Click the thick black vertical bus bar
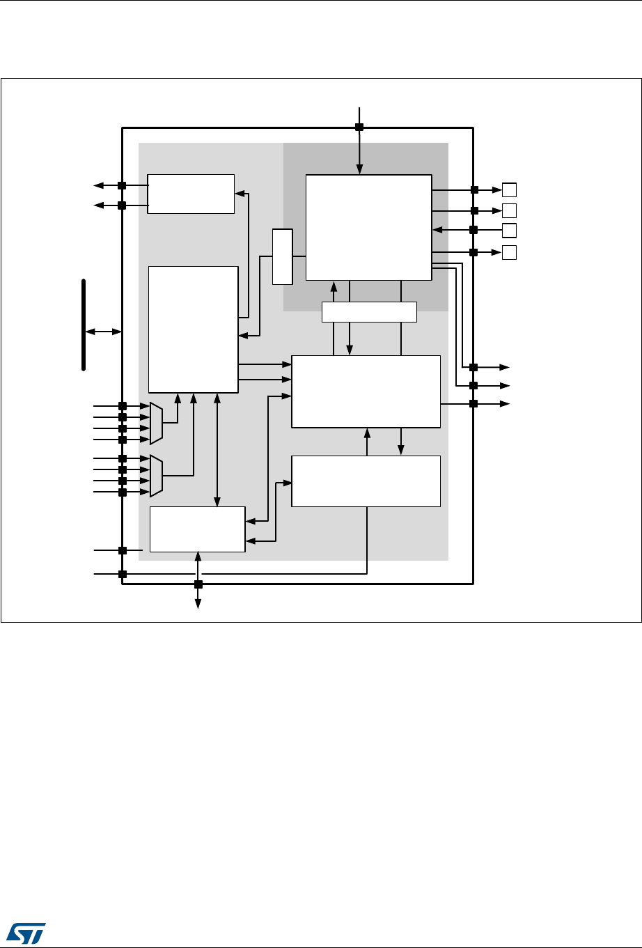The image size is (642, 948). pyautogui.click(x=84, y=325)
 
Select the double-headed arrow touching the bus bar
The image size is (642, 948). pyautogui.click(x=103, y=332)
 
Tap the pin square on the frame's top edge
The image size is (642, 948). pyautogui.click(x=359, y=127)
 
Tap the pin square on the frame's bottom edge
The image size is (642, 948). pyautogui.click(x=198, y=584)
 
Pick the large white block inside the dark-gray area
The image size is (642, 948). pyautogui.click(x=368, y=227)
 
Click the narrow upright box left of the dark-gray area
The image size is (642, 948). pyautogui.click(x=282, y=256)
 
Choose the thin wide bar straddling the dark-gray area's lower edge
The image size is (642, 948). pyautogui.click(x=369, y=312)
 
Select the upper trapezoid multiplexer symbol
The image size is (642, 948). pyautogui.click(x=157, y=423)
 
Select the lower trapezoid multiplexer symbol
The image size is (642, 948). pyautogui.click(x=157, y=476)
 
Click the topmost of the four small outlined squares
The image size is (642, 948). pyautogui.click(x=510, y=189)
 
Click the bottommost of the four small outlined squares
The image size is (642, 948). pyautogui.click(x=510, y=252)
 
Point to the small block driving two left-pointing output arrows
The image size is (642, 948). pyautogui.click(x=191, y=194)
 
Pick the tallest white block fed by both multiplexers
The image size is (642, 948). pyautogui.click(x=194, y=329)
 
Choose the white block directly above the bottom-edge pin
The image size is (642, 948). pyautogui.click(x=198, y=529)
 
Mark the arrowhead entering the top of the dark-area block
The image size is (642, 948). pyautogui.click(x=359, y=170)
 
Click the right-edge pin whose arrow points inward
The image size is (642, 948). pyautogui.click(x=473, y=230)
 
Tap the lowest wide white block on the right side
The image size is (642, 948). pyautogui.click(x=366, y=481)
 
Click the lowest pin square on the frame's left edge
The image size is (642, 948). pyautogui.click(x=122, y=574)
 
